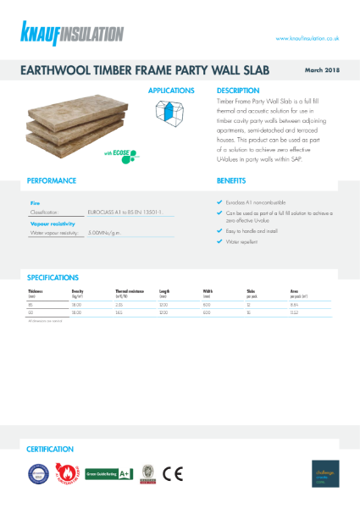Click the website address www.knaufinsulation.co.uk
pos(308,38)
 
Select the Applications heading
pos(171,91)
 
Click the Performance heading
pos(52,180)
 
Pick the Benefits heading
pos(230,180)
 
